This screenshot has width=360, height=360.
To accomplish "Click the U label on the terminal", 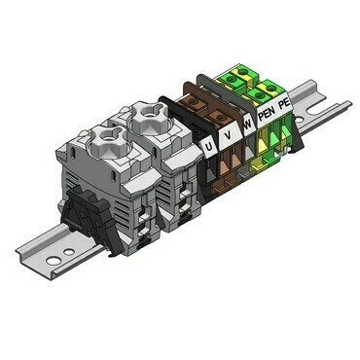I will (210, 147).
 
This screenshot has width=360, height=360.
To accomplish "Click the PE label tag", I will (284, 102).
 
